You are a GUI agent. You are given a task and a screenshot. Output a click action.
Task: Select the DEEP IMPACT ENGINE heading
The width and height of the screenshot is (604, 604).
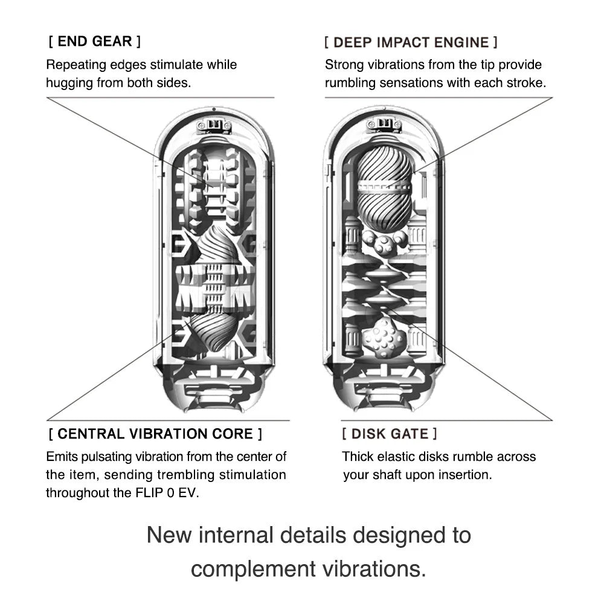tap(411, 42)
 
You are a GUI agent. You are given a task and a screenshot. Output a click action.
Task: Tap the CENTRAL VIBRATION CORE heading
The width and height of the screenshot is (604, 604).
tap(155, 434)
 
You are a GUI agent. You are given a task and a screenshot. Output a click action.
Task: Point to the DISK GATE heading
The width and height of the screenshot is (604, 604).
tap(389, 434)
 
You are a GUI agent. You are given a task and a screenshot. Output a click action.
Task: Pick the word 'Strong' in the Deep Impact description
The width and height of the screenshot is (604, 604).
tap(342, 65)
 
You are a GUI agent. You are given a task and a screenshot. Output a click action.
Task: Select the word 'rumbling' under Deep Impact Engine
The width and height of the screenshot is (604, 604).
tap(350, 83)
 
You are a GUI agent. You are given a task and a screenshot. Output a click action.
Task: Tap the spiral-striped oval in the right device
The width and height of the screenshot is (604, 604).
tap(384, 187)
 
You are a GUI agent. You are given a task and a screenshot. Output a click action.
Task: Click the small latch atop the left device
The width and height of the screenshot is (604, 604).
tap(214, 125)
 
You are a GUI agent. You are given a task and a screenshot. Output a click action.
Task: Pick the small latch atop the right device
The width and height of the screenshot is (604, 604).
tap(384, 125)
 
